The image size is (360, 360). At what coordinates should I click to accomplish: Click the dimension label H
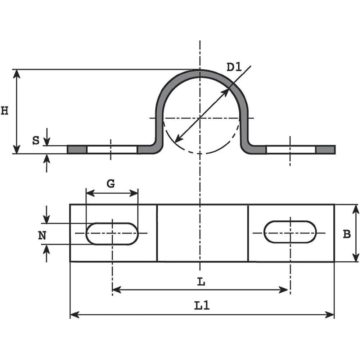click(5, 111)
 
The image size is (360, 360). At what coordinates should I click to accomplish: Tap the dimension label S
click(36, 140)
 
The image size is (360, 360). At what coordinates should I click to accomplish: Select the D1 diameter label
click(234, 67)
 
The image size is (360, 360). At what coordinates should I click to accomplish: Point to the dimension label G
click(111, 184)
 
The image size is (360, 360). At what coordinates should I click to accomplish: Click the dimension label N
click(42, 236)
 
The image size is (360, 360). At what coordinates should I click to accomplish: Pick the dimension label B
click(347, 234)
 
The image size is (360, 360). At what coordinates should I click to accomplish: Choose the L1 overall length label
click(202, 306)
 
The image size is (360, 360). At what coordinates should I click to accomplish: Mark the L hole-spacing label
click(202, 282)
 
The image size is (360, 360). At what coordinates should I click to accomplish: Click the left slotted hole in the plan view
click(112, 234)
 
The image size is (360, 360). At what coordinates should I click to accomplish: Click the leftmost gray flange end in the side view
click(77, 149)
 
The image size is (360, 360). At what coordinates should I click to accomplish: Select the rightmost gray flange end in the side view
click(325, 149)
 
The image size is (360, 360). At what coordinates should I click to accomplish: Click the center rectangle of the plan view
click(203, 233)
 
